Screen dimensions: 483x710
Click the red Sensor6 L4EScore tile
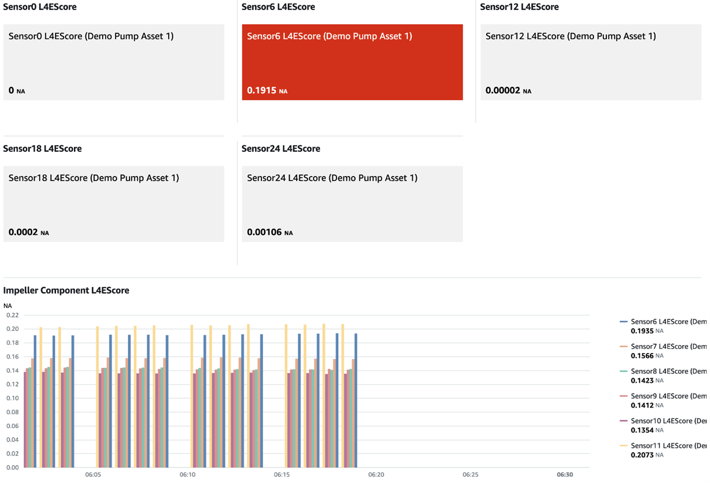click(x=352, y=62)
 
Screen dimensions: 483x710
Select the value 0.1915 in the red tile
click(x=262, y=90)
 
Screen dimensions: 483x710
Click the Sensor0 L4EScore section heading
click(x=40, y=7)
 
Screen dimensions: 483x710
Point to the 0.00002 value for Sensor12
click(x=502, y=90)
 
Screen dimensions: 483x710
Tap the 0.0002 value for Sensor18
click(x=23, y=232)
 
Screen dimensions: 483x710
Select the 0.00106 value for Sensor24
click(x=264, y=232)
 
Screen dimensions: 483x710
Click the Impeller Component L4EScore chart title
click(x=66, y=290)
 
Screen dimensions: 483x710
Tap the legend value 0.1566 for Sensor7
click(x=642, y=355)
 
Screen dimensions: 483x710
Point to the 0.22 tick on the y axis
click(x=12, y=315)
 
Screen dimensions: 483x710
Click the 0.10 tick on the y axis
click(x=12, y=398)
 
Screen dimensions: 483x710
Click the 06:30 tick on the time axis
click(x=565, y=475)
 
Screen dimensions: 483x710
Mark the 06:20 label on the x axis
click(x=376, y=475)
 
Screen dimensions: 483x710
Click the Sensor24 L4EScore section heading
click(x=280, y=148)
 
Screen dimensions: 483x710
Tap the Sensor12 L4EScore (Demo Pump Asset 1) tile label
click(x=570, y=36)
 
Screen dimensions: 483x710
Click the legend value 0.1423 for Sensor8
click(x=642, y=380)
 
